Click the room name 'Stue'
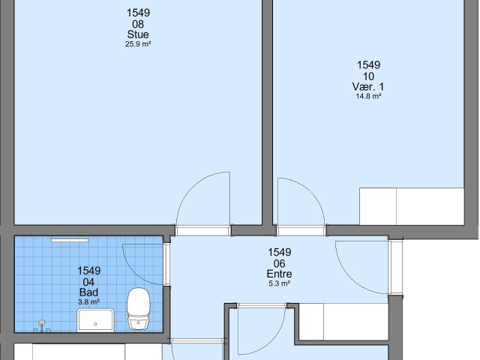[x=138, y=34]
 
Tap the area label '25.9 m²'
[x=138, y=44]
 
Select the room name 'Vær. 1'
[x=368, y=87]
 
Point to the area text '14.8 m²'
[x=368, y=97]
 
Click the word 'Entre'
[x=279, y=274]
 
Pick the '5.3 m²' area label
[x=279, y=283]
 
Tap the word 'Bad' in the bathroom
[x=88, y=292]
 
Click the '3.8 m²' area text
[x=88, y=302]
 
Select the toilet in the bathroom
[x=139, y=308]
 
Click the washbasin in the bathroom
[x=95, y=320]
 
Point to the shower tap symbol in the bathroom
[x=42, y=326]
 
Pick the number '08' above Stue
[x=138, y=24]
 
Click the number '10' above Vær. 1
[x=368, y=76]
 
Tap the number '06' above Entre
[x=280, y=263]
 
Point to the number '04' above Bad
[x=88, y=282]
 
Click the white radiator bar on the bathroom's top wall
[x=70, y=240]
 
